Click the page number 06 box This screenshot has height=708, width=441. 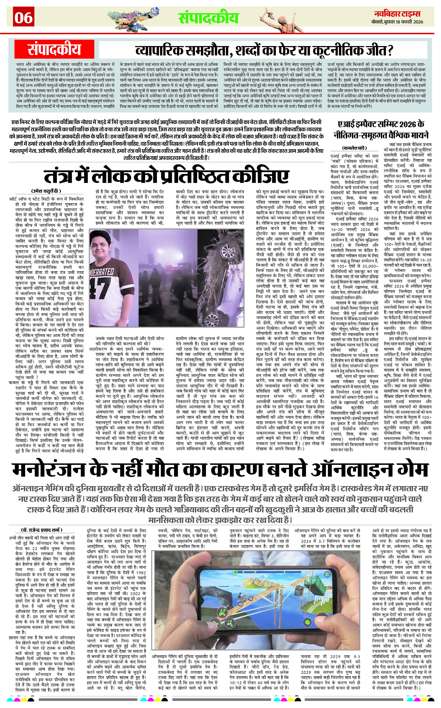pyautogui.click(x=24, y=18)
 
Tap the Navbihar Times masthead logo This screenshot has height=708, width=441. pyautogui.click(x=398, y=14)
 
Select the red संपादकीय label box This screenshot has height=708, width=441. pyautogui.click(x=54, y=49)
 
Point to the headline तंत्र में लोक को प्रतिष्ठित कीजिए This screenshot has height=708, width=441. pyautogui.click(x=166, y=176)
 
